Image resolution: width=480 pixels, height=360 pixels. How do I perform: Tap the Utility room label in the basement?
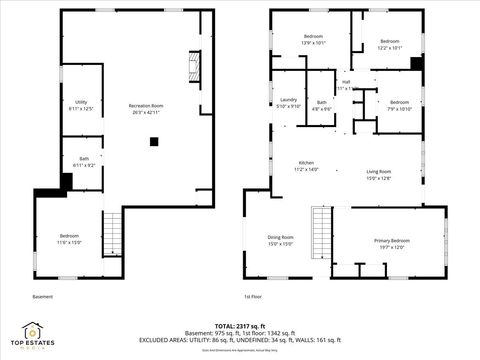[x=81, y=105]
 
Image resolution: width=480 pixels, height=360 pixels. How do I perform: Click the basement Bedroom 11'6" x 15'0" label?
[x=68, y=239]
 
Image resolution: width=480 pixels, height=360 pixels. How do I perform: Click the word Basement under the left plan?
[x=43, y=297]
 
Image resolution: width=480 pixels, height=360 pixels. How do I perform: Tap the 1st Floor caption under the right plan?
[x=254, y=297]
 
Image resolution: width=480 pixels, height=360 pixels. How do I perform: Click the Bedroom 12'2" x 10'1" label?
[x=389, y=45]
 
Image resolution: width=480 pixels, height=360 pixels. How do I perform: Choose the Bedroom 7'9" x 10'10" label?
[x=399, y=105]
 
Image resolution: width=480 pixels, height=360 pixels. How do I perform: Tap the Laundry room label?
[x=288, y=103]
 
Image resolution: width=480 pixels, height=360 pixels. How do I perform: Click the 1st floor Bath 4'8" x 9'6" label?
[x=322, y=105]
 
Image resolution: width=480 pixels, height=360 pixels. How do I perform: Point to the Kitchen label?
[x=305, y=166]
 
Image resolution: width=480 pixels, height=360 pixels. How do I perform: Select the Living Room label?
[x=377, y=175]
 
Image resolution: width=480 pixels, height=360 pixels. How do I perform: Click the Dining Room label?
[x=280, y=240]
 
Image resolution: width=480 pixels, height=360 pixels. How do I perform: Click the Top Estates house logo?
[x=34, y=331]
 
